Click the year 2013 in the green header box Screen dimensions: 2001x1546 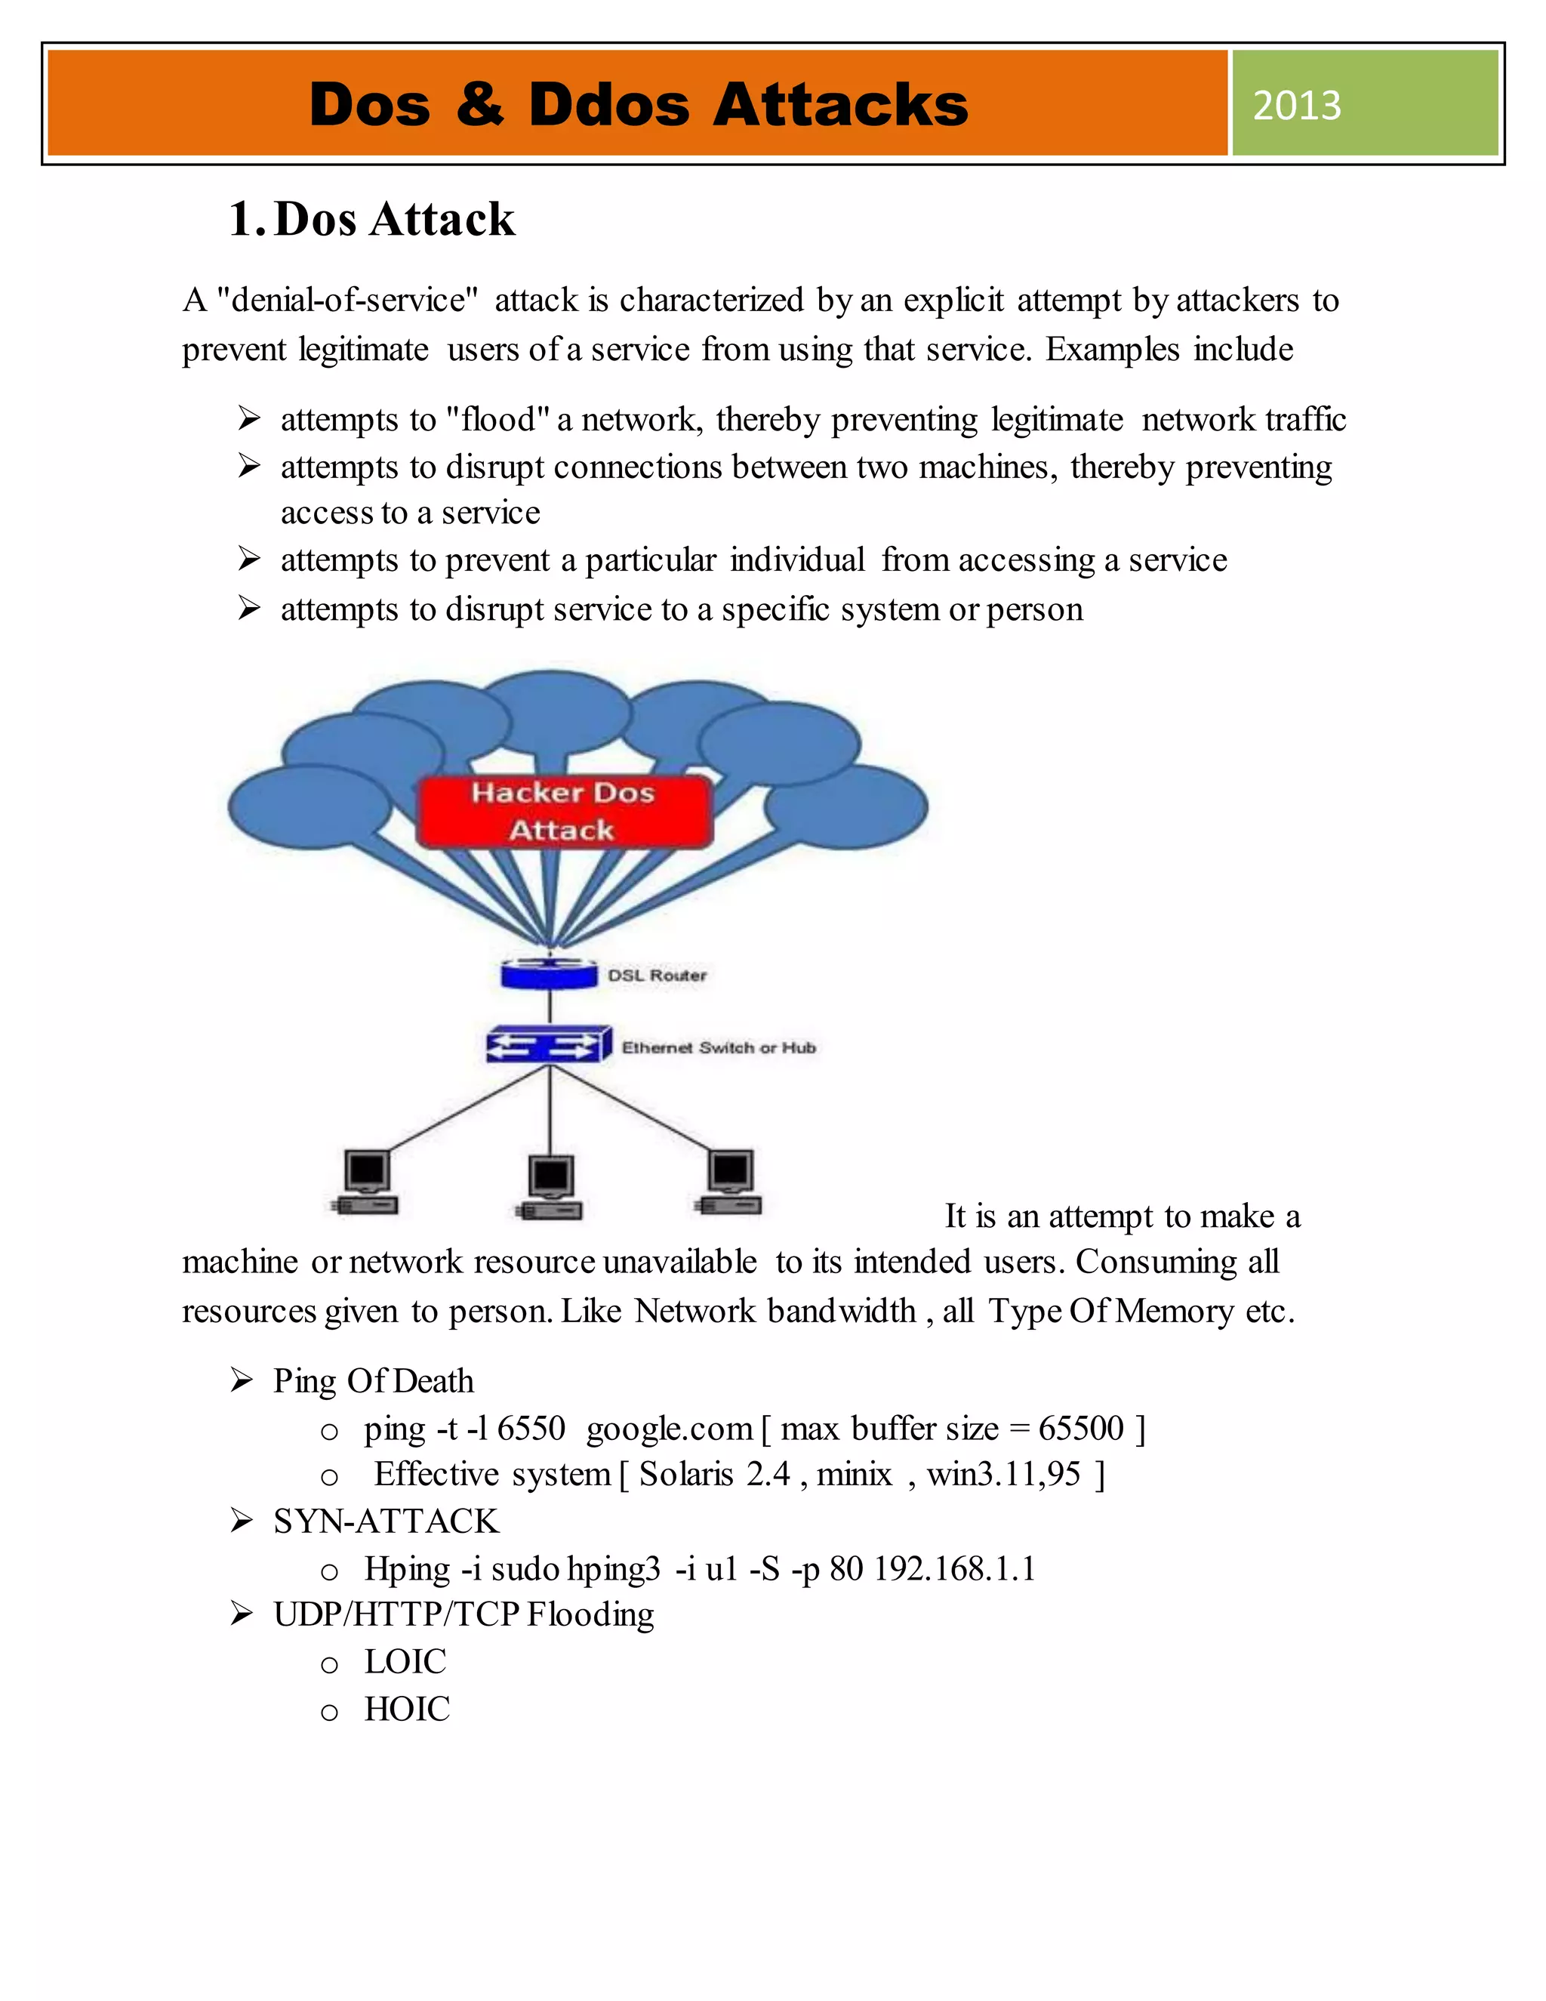pos(1296,106)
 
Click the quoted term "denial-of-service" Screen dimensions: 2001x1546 pos(347,301)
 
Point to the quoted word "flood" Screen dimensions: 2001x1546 pos(497,420)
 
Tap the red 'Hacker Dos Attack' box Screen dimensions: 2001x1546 pos(563,812)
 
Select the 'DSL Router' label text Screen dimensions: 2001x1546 pos(657,976)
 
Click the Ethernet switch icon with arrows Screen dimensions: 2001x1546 pos(549,1044)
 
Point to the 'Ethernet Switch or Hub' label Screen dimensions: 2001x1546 pos(718,1047)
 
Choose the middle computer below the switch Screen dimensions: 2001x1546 pos(550,1188)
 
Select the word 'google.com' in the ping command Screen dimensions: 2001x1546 pos(669,1429)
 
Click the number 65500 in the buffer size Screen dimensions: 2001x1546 pos(1081,1429)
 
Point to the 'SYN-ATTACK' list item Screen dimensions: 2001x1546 pos(386,1522)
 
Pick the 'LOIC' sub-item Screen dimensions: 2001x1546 pos(405,1662)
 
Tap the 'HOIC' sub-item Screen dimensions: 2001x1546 pos(407,1710)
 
